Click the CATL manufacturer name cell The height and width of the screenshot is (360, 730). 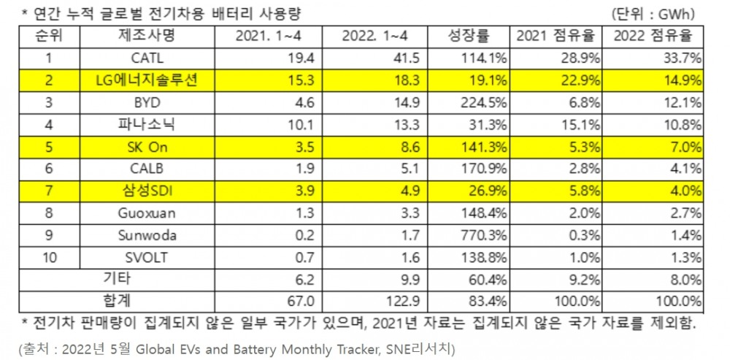[147, 57]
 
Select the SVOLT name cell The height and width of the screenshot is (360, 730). [147, 257]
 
